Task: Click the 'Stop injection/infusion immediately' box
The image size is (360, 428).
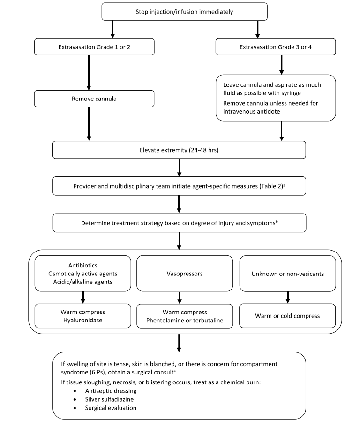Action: [x=184, y=11]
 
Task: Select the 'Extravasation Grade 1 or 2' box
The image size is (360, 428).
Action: [x=94, y=46]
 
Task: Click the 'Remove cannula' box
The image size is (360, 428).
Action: [x=94, y=99]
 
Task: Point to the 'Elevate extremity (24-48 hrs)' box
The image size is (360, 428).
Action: [x=179, y=151]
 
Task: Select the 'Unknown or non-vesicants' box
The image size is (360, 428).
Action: [x=288, y=273]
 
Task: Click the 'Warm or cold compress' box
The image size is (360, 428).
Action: [x=288, y=316]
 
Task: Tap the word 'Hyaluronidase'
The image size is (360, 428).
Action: [x=83, y=321]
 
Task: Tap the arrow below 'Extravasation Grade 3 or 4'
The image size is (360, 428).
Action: [x=281, y=65]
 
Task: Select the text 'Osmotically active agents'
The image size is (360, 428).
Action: [x=83, y=274]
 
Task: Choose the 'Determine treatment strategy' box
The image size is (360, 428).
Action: [x=179, y=223]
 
